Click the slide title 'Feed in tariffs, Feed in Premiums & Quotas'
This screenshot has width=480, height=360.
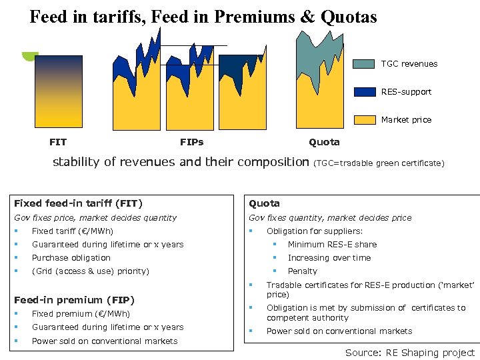(203, 16)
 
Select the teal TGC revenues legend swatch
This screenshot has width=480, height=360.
(364, 64)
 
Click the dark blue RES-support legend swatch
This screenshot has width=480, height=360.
(364, 92)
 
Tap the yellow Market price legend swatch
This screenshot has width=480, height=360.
(364, 120)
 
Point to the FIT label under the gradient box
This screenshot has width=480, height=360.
(58, 142)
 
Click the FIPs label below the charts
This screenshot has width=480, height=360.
(192, 142)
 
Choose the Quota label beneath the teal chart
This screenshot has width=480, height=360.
(324, 142)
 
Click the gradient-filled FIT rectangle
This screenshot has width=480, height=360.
(58, 91)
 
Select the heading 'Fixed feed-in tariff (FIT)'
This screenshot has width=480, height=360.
(79, 203)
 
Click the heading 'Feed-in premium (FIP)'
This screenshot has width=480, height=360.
(74, 300)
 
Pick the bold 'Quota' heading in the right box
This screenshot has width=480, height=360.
(264, 203)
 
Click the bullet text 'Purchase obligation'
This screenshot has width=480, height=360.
(71, 258)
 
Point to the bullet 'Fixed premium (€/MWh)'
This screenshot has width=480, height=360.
(81, 314)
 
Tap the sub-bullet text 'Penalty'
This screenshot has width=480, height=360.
(302, 271)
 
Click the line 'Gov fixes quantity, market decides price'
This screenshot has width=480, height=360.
(330, 218)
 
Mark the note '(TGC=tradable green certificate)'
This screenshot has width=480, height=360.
(379, 163)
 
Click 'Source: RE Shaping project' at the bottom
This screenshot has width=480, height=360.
(409, 353)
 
